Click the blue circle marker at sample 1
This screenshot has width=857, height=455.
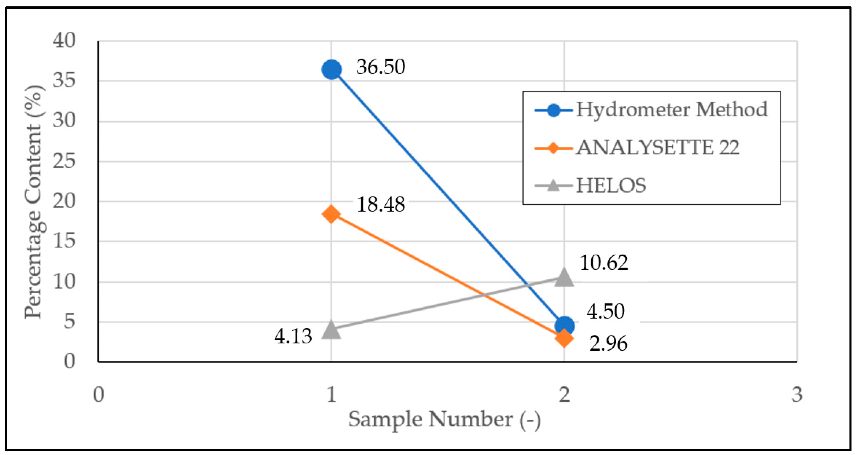tap(331, 70)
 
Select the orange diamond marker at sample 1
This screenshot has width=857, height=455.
tap(331, 214)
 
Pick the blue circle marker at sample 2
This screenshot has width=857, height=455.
tap(565, 325)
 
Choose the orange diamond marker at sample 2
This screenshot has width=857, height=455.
tap(564, 338)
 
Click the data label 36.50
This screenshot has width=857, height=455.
tap(381, 67)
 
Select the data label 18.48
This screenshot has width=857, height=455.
tap(381, 204)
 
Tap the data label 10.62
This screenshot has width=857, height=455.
tap(604, 263)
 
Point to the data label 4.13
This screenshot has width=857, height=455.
tap(293, 336)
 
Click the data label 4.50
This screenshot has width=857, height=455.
tap(606, 312)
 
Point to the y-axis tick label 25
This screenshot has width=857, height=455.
tap(64, 162)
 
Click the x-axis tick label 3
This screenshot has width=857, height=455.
tap(797, 395)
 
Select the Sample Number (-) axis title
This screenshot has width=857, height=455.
tap(444, 419)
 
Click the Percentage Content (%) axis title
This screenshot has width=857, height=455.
tap(33, 201)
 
